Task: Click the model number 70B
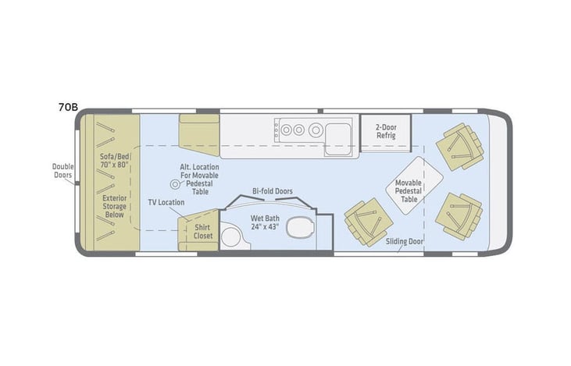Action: click(67, 108)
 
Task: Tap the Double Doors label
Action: click(62, 171)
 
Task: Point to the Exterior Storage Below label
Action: click(115, 204)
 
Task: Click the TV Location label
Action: click(166, 202)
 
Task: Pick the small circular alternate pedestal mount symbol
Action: click(175, 184)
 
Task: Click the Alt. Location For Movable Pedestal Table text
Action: click(199, 179)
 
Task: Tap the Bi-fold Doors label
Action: click(273, 190)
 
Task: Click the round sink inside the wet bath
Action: click(232, 236)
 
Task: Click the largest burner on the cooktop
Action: click(316, 130)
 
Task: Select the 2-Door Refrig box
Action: click(385, 131)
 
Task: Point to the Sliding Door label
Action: click(405, 241)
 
